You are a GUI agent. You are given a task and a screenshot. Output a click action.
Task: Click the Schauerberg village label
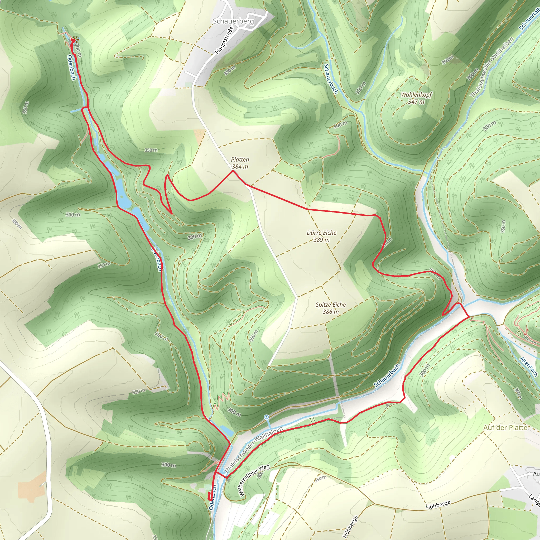coord(233,21)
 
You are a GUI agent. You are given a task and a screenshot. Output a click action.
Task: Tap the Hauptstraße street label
coord(224,40)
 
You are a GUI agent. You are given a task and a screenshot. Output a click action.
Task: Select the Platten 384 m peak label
coord(240,163)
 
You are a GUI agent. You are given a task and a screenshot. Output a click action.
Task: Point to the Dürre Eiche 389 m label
coord(321,236)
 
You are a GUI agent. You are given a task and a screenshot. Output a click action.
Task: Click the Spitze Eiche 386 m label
coord(331,308)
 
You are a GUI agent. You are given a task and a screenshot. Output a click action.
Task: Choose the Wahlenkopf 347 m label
coord(416,98)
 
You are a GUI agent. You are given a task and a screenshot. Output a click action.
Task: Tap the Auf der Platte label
coord(505,428)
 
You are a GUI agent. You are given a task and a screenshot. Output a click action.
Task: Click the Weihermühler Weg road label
coord(254,480)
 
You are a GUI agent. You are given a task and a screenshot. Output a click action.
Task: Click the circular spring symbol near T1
coord(266,417)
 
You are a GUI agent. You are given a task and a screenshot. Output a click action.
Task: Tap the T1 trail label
coord(312,419)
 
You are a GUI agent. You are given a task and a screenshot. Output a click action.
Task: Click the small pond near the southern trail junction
coord(227,431)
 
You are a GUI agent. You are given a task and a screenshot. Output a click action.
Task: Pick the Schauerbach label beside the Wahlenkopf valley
coord(331,79)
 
